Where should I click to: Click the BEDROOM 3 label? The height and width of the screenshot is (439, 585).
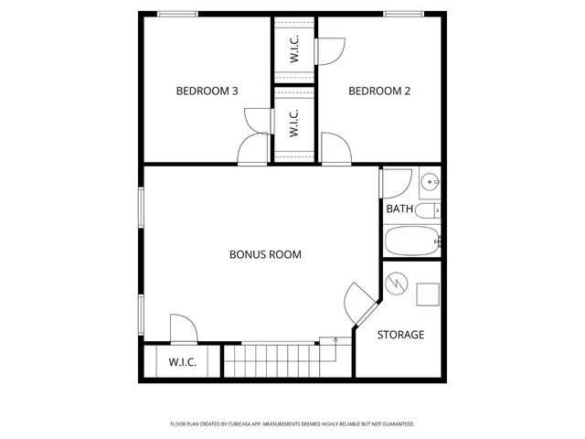click(x=207, y=91)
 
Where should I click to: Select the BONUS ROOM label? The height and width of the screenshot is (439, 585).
click(x=265, y=254)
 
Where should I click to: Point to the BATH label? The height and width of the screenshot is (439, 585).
click(x=399, y=209)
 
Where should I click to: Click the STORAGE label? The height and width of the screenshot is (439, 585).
click(x=400, y=335)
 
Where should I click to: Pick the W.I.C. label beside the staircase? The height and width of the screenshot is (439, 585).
click(x=182, y=362)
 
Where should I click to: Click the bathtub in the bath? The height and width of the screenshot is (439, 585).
click(x=412, y=242)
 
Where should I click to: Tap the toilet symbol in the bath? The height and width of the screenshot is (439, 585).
click(x=428, y=211)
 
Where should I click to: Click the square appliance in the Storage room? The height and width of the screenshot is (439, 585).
click(x=427, y=294)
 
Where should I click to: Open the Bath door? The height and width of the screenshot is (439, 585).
click(x=396, y=183)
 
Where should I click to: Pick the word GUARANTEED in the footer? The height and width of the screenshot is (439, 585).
click(x=392, y=424)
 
